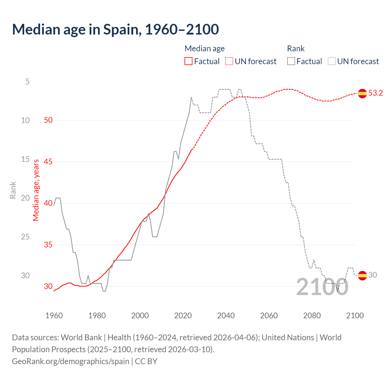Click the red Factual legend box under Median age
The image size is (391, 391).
click(x=188, y=61)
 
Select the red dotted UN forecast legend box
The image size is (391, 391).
click(x=229, y=61)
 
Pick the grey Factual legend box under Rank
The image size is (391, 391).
click(x=291, y=61)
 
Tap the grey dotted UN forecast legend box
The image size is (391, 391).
click(x=332, y=61)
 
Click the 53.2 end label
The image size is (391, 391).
click(x=375, y=93)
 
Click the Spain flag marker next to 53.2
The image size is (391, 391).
click(x=362, y=93)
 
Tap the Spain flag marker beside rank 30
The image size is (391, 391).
click(x=362, y=275)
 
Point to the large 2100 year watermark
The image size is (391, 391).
click(x=322, y=287)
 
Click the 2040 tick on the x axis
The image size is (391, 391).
click(x=226, y=316)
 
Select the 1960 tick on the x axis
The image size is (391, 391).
click(x=54, y=316)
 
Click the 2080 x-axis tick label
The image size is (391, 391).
click(x=312, y=316)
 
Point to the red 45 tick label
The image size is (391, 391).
click(x=48, y=162)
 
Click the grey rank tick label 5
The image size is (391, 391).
click(x=27, y=82)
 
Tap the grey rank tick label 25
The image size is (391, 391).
click(x=25, y=237)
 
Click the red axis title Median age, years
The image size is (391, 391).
click(x=36, y=190)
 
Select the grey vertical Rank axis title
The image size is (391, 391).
click(x=13, y=190)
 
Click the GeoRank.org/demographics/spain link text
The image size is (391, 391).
click(x=71, y=361)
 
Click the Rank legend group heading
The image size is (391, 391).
click(x=296, y=49)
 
